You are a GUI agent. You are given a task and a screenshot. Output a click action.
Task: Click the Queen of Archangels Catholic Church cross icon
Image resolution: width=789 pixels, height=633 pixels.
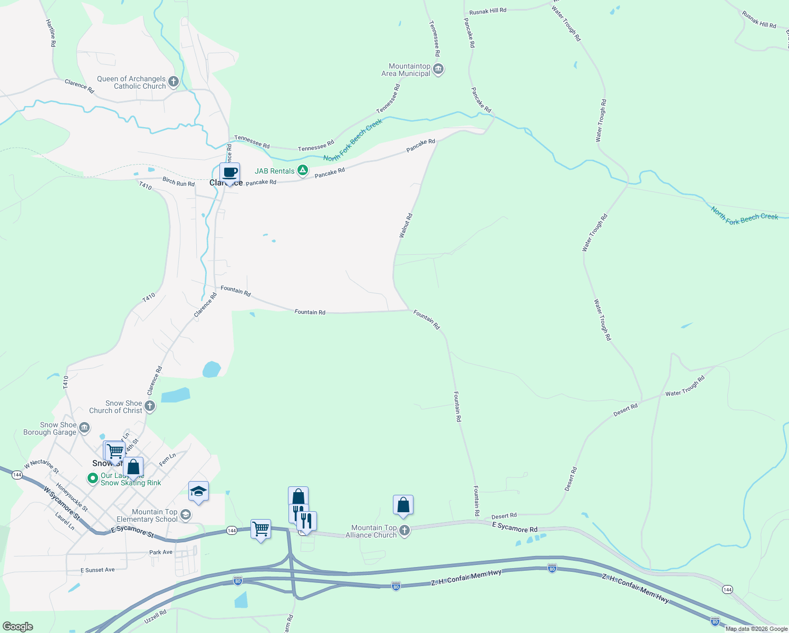[x=174, y=82]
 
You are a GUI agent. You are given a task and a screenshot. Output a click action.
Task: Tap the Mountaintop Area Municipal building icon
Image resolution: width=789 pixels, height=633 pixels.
[x=438, y=69]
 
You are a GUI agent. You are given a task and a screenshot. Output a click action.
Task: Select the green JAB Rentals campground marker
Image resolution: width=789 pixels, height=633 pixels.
[x=302, y=170]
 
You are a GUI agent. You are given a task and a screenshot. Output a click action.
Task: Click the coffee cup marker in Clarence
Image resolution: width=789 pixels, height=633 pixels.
[x=229, y=172]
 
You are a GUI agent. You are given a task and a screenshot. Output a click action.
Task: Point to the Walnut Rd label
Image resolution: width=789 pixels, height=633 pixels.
[x=406, y=225]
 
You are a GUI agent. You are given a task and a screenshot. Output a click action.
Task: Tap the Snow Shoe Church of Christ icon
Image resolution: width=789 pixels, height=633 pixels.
[x=150, y=406]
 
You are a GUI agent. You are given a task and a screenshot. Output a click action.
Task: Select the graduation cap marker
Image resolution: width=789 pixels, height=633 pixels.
[x=198, y=492]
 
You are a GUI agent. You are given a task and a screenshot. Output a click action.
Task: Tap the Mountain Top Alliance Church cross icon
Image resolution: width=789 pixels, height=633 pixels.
[x=404, y=530]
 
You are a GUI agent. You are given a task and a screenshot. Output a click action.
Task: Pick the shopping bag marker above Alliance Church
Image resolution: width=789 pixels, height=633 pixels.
[x=403, y=505]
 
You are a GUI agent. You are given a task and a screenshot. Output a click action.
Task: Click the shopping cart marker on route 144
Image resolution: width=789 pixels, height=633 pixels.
[x=261, y=529]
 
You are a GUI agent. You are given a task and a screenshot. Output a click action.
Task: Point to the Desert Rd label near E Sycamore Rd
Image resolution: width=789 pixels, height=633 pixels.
[x=504, y=516]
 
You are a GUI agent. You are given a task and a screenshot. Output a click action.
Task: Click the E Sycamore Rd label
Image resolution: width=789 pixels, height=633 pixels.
[x=515, y=527]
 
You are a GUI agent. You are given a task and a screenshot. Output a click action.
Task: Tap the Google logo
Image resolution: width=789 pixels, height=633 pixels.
[x=17, y=627]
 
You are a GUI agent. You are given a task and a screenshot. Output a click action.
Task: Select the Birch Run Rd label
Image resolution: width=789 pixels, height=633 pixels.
[x=178, y=181]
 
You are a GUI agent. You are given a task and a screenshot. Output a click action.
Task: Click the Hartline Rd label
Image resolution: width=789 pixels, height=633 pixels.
[x=51, y=33]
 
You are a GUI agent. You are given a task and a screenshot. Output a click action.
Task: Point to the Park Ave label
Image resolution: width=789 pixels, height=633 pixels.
[x=161, y=552]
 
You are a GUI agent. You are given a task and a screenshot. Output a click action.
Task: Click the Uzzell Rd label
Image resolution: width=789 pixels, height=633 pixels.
[x=155, y=617]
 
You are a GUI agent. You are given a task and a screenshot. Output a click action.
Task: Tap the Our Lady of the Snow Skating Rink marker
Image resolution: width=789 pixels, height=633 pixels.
[x=93, y=478]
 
